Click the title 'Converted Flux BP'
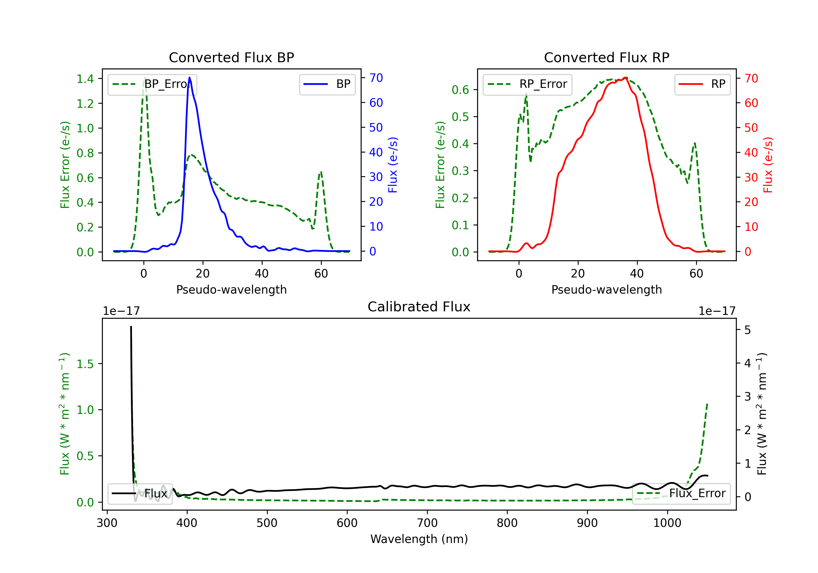pos(231,57)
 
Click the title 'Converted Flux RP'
pos(606,57)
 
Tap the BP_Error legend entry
pos(152,84)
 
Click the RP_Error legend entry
pos(527,84)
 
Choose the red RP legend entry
pos(702,84)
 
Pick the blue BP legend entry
pos(327,84)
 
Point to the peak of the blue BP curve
pos(190,77)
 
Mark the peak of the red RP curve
pos(626,77)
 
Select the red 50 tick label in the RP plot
pos(751,128)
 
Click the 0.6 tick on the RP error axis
pos(460,90)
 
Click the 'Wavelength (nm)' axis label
pos(419,539)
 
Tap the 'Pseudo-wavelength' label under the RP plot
pos(606,290)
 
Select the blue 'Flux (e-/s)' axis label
pos(393,165)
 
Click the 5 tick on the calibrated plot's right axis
pos(747,330)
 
